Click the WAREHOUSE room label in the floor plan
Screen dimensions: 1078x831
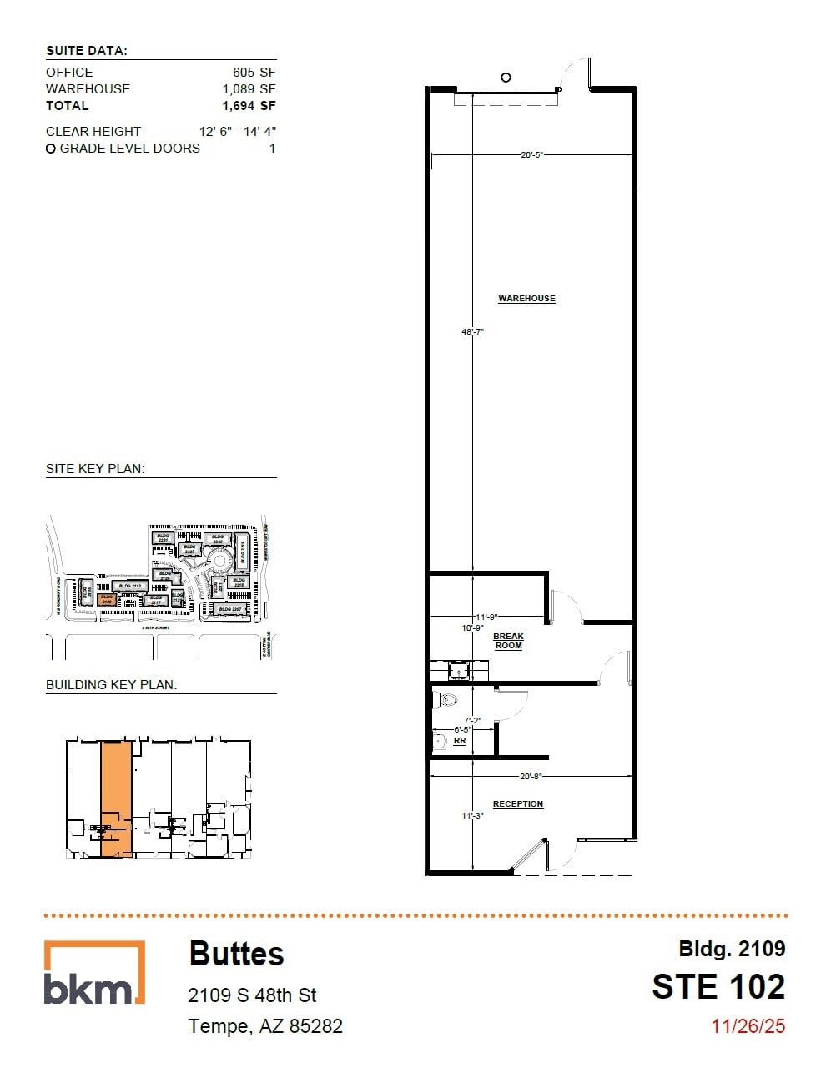(x=526, y=299)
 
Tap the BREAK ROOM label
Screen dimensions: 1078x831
(x=508, y=641)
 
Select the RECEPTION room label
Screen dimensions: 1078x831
(x=517, y=804)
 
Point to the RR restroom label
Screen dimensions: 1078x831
(x=460, y=741)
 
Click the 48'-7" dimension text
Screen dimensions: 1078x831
(x=473, y=332)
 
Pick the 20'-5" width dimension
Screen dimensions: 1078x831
(x=532, y=154)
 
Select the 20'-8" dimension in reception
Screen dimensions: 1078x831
(x=531, y=777)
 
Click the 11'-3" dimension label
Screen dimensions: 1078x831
(x=473, y=816)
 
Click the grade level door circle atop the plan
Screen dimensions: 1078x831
(x=506, y=78)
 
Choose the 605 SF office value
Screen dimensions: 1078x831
(x=254, y=73)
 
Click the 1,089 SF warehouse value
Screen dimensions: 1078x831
(x=249, y=89)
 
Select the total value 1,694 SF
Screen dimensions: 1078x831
(x=249, y=106)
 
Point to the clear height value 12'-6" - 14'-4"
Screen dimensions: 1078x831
(x=238, y=132)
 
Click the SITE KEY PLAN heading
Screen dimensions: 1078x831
(x=95, y=469)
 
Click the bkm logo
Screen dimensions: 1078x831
(x=94, y=973)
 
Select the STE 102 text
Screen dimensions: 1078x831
(x=718, y=987)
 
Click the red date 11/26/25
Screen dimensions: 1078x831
(x=748, y=1026)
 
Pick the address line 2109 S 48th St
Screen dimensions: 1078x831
(x=253, y=995)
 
